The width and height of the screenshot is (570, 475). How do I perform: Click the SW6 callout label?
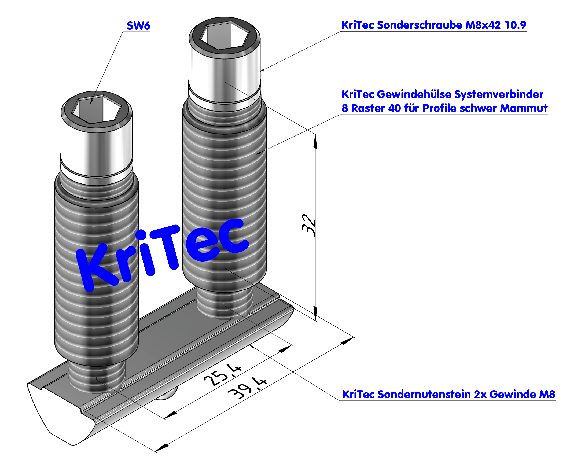pyautogui.click(x=138, y=26)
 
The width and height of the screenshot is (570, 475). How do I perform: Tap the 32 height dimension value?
pyautogui.click(x=309, y=226)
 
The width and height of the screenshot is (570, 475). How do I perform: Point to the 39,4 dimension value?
pyautogui.click(x=247, y=388)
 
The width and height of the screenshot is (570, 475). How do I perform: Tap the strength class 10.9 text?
pyautogui.click(x=516, y=25)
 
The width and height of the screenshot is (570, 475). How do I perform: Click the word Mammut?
pyautogui.click(x=524, y=108)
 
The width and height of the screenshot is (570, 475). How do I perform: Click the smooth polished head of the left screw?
pyautogui.click(x=96, y=152)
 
